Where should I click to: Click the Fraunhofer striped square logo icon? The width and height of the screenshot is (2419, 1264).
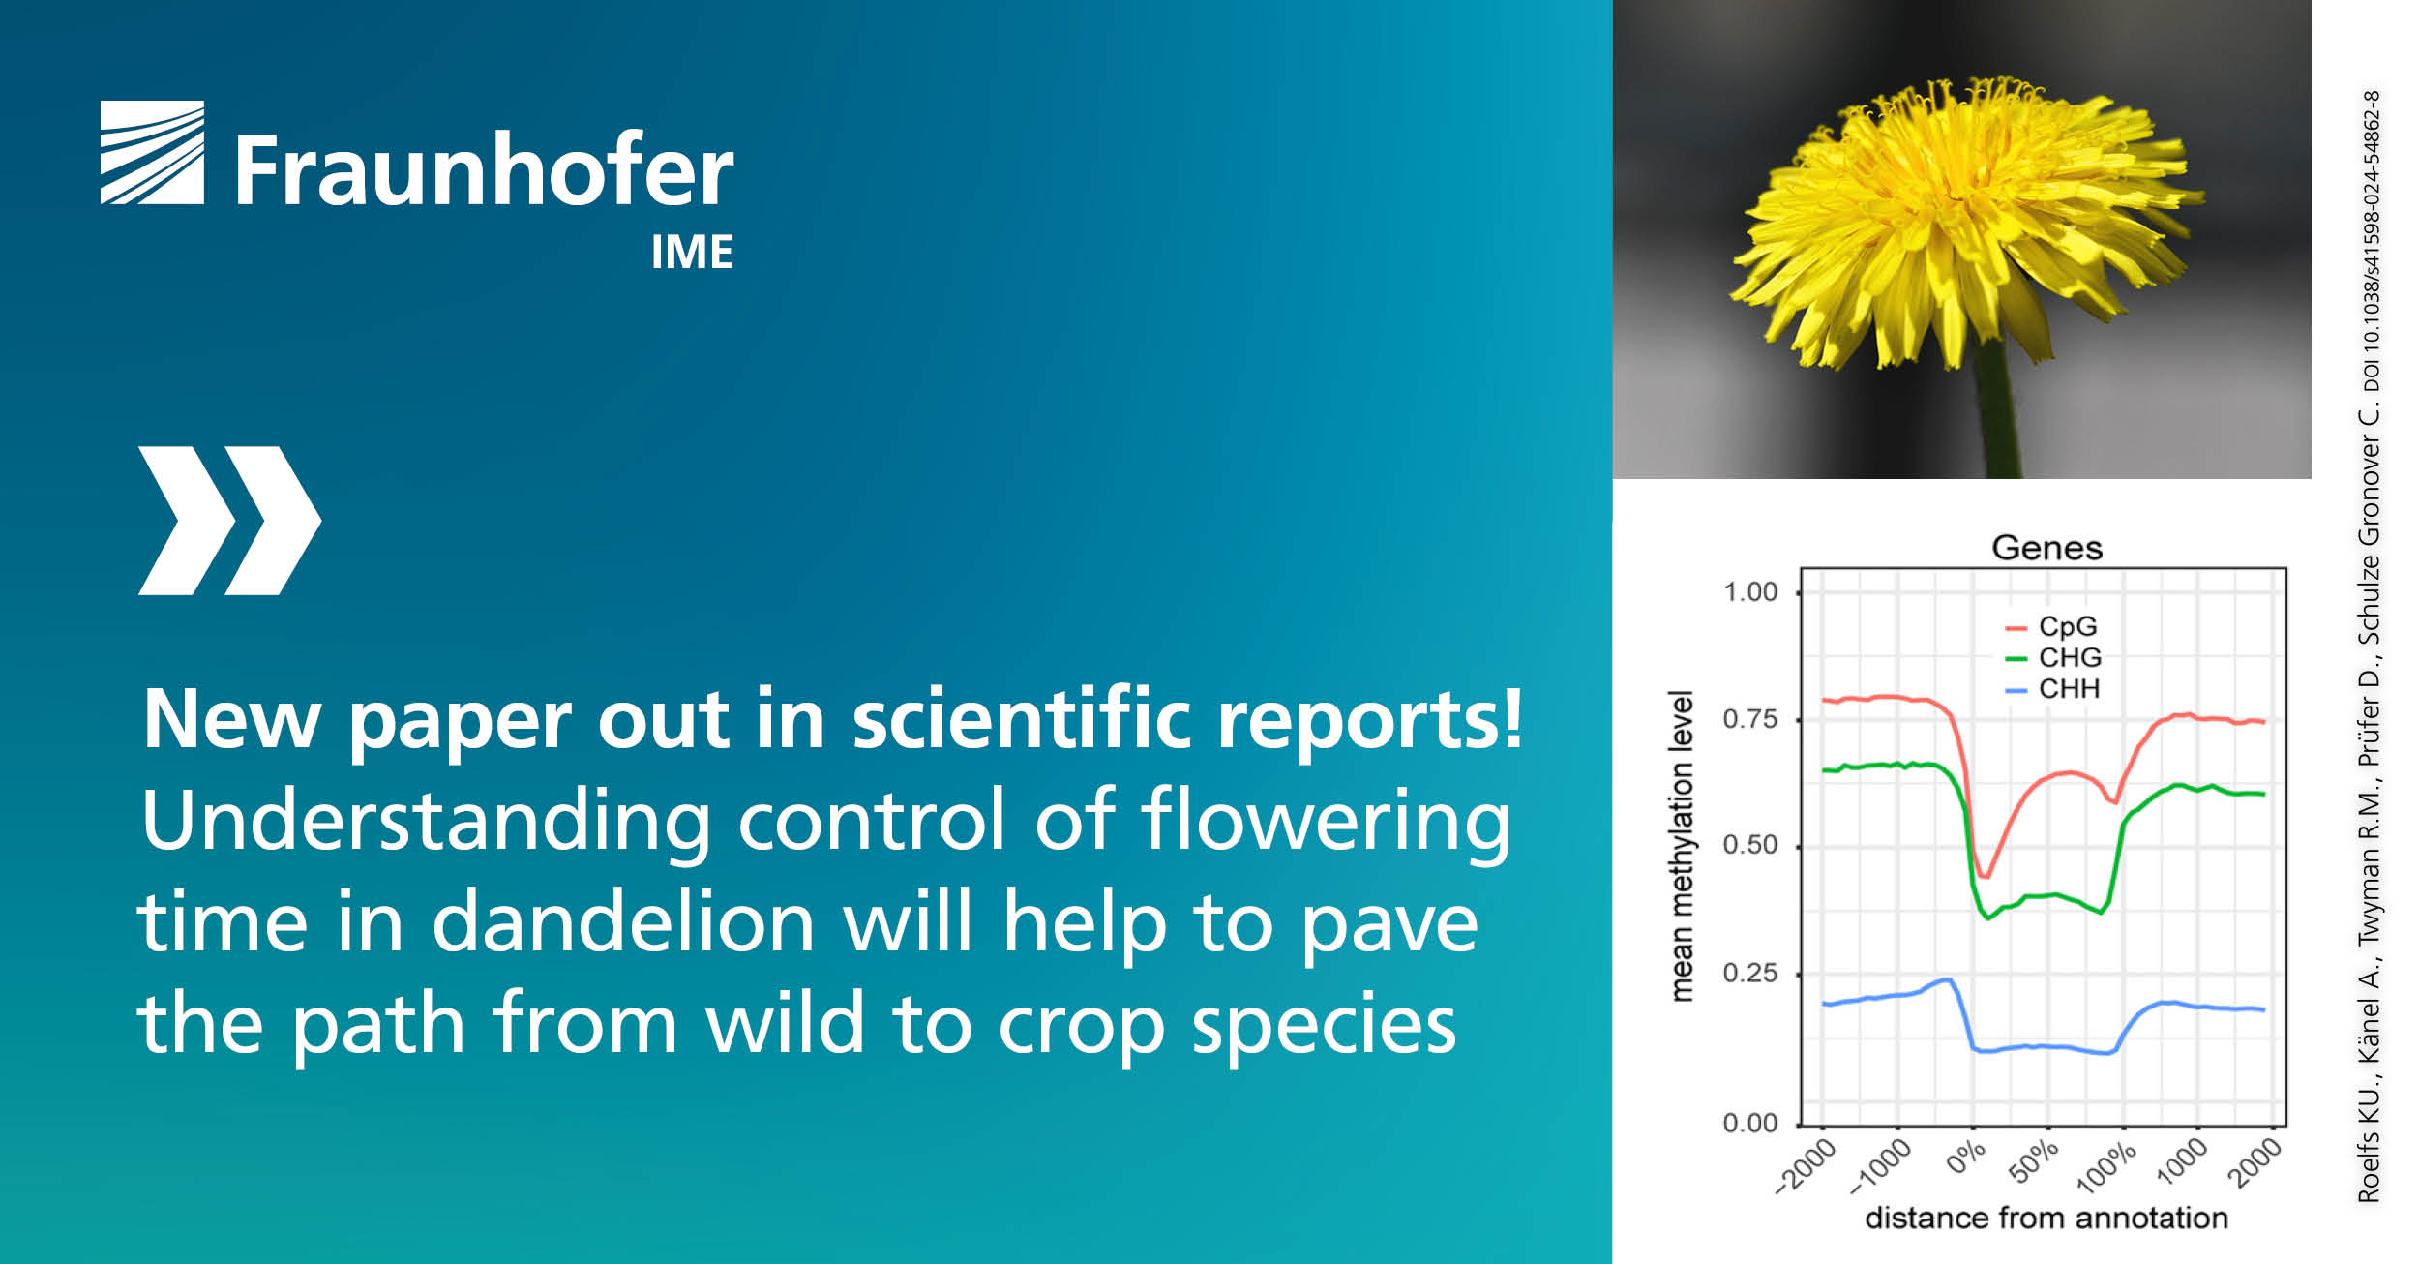pyautogui.click(x=152, y=153)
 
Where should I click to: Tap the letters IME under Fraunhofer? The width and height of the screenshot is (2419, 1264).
pyautogui.click(x=692, y=253)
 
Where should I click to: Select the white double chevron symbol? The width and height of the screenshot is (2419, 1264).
pyautogui.click(x=229, y=521)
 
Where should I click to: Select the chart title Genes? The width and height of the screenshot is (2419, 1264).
pyautogui.click(x=2046, y=549)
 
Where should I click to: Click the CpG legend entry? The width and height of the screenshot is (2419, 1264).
pyautogui.click(x=2052, y=626)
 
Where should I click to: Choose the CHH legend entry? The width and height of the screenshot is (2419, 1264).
pyautogui.click(x=2052, y=689)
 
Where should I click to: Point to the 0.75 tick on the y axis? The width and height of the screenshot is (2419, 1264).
pyautogui.click(x=1750, y=719)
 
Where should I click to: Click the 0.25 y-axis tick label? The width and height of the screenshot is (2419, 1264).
pyautogui.click(x=1750, y=973)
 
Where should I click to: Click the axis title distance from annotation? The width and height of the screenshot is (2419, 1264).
pyautogui.click(x=2046, y=1218)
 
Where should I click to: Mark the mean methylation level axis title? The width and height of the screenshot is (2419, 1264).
pyautogui.click(x=1683, y=846)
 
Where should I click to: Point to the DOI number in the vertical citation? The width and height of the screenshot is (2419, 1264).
pyautogui.click(x=2372, y=240)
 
